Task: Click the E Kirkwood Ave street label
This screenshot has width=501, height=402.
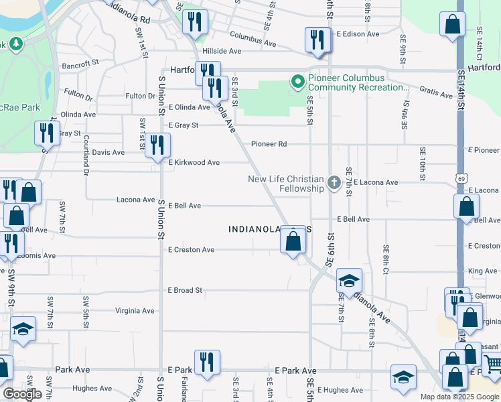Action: coord(194,163)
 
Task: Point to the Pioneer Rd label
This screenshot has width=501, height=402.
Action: coord(269,144)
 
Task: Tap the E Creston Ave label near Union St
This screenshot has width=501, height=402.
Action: coord(191,250)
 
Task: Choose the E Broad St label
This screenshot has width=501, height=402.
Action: coord(185,290)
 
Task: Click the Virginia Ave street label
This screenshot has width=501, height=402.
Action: coord(135,311)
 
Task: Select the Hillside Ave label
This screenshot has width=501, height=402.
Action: coord(226,51)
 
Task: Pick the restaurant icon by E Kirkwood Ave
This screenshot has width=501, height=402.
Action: coord(158,145)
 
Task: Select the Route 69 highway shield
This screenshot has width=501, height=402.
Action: coord(461,179)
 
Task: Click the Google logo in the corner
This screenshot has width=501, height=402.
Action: coord(21,394)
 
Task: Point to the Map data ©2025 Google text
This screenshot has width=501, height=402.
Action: coord(459,397)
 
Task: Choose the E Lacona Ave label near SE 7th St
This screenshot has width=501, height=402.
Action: coord(376,182)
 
